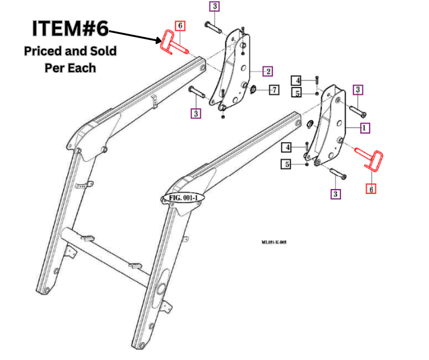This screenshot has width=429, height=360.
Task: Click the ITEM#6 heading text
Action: click(70, 29)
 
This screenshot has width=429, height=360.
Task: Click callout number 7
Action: click(273, 90)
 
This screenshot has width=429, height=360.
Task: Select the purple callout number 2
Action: click(268, 71)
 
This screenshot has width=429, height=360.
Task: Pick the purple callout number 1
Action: click(364, 128)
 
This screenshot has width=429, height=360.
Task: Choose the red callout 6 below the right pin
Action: click(371, 188)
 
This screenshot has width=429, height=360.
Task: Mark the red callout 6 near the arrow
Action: click(180, 26)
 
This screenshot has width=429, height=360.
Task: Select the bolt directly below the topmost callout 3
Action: click(214, 27)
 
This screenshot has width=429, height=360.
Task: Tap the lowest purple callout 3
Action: click(336, 194)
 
